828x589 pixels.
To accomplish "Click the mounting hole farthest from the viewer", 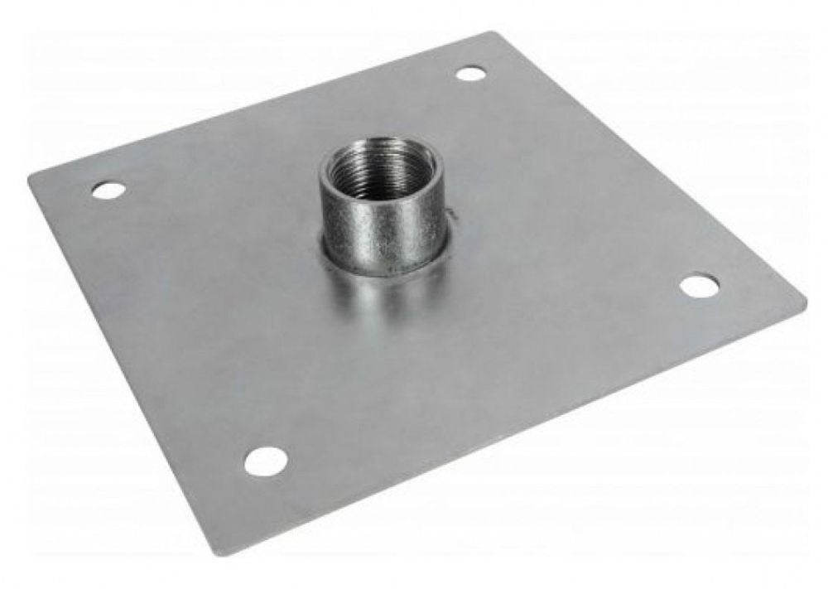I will pos(470,74).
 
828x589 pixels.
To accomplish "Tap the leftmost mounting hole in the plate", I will pos(108,190).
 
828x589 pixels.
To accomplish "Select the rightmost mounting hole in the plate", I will pos(700,286).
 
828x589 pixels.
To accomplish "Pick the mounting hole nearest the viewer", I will pos(265,461).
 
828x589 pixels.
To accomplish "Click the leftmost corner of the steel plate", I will pos(31,176).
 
